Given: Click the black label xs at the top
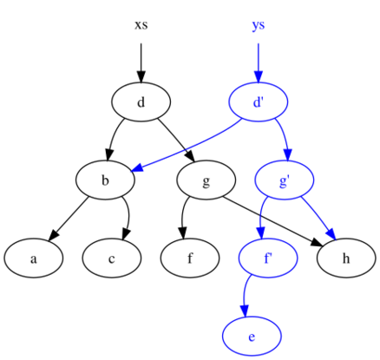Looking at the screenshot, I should [x=141, y=24].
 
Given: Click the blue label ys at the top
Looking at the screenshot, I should [x=258, y=24].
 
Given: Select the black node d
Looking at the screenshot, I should [x=141, y=102].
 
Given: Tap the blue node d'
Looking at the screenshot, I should [x=258, y=102].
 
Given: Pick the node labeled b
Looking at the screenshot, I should [x=105, y=180].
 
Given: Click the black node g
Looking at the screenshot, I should [x=206, y=180].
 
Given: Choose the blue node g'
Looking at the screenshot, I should [x=284, y=180].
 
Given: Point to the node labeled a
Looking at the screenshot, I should [x=33, y=259].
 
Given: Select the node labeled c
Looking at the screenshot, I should [x=112, y=259].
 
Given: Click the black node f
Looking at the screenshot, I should [x=190, y=259].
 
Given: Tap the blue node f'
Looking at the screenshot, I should [x=268, y=259].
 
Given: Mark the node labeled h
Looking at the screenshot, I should [x=346, y=259].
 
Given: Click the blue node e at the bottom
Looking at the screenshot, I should [x=252, y=337].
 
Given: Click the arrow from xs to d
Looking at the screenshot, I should [x=141, y=61].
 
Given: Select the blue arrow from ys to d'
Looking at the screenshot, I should [x=258, y=61].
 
